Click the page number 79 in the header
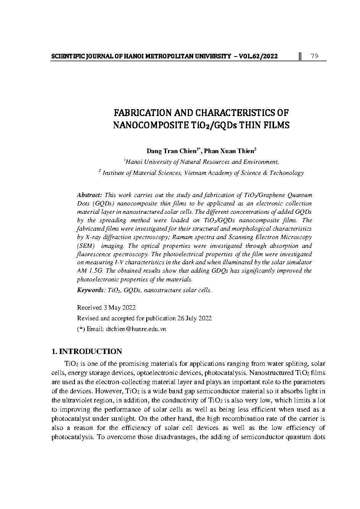[315, 56]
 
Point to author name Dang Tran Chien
[171, 151]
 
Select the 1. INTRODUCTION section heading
[87, 352]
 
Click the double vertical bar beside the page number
[300, 56]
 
